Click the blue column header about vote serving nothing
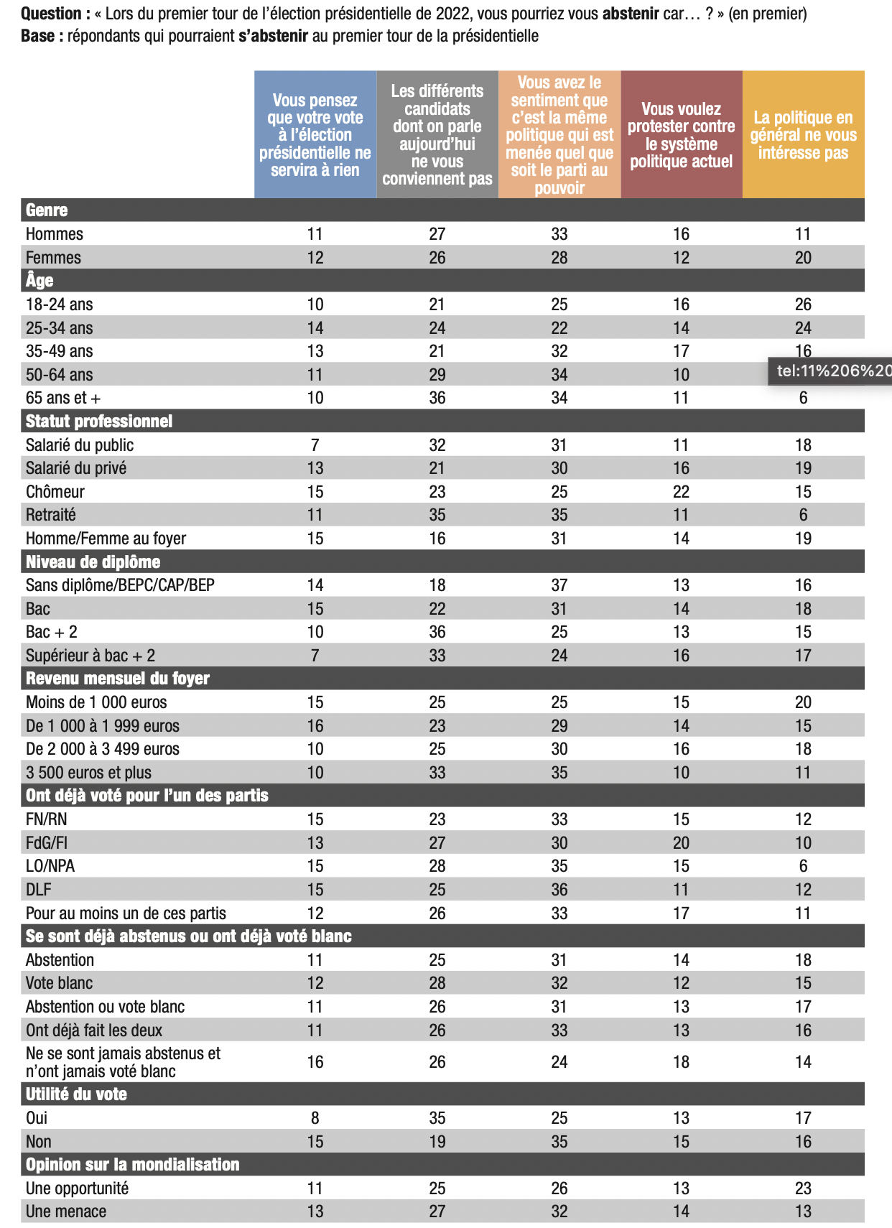(x=315, y=134)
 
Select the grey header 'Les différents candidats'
(x=437, y=134)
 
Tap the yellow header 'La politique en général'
(x=803, y=134)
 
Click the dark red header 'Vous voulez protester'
(x=681, y=134)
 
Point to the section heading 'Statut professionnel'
(x=99, y=421)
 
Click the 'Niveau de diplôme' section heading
(x=93, y=562)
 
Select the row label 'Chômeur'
(x=55, y=492)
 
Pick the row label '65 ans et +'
(x=63, y=398)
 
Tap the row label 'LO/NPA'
(x=50, y=866)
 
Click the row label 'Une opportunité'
(x=78, y=1189)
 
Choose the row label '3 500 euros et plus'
(x=89, y=773)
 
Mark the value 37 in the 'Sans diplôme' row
(x=559, y=585)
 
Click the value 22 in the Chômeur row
(x=681, y=492)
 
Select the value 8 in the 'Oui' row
(x=315, y=1118)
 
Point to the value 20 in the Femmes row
(x=803, y=258)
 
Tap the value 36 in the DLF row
(x=559, y=890)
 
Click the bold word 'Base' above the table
(x=38, y=36)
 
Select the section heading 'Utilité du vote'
(x=77, y=1094)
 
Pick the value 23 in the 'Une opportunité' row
(x=803, y=1189)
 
